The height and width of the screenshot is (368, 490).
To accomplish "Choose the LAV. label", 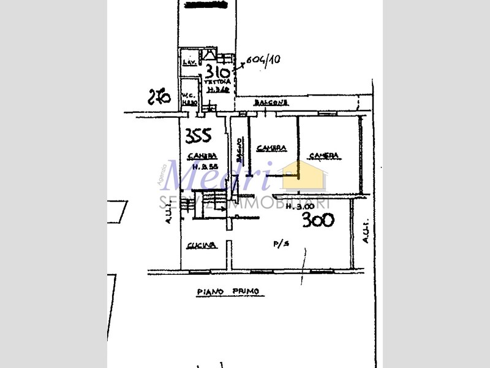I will (188, 63).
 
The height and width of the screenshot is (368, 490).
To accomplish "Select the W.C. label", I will (187, 95).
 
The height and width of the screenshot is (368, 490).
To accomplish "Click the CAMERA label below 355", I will (201, 155).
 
